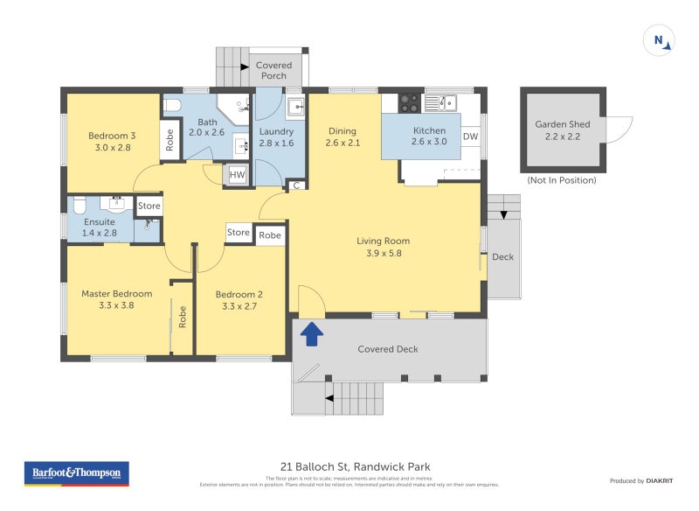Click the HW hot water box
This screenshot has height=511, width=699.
237,175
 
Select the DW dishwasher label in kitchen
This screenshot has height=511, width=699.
470,136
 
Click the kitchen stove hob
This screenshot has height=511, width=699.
409,102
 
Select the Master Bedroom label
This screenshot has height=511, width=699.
116,294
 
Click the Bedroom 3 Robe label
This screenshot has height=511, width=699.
170,140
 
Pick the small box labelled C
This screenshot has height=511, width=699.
297,185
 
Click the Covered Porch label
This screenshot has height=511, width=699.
273,70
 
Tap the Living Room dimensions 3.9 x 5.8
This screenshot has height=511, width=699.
383,254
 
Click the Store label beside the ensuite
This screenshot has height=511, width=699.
149,206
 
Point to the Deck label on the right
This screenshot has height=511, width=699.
502,257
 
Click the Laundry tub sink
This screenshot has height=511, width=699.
296,108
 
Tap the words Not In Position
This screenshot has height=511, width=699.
562,180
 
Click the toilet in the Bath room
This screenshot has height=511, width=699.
172,106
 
